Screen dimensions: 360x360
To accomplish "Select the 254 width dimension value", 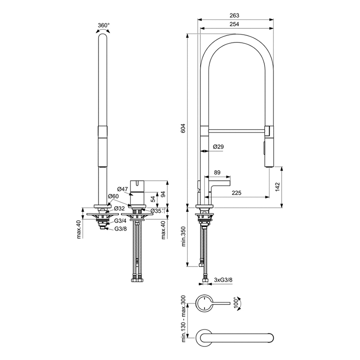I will pos(234,25).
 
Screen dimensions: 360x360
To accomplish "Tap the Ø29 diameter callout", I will pos(218,147).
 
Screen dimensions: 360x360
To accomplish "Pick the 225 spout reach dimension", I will pos(237,193).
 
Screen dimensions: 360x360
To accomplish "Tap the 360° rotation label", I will pos(103,25).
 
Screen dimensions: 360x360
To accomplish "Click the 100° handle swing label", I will pos(236,302).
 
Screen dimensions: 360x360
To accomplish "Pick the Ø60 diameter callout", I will pos(113,196).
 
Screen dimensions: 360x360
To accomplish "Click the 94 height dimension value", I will pos(163,194).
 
